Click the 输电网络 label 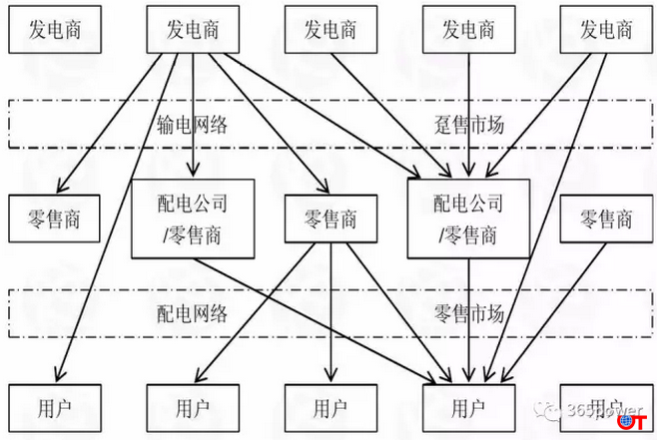(193, 124)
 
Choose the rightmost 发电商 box (606, 30)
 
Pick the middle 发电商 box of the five (330, 30)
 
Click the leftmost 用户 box (55, 408)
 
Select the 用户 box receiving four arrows (468, 408)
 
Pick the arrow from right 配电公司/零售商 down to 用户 (469, 319)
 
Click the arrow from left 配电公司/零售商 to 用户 (320, 319)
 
